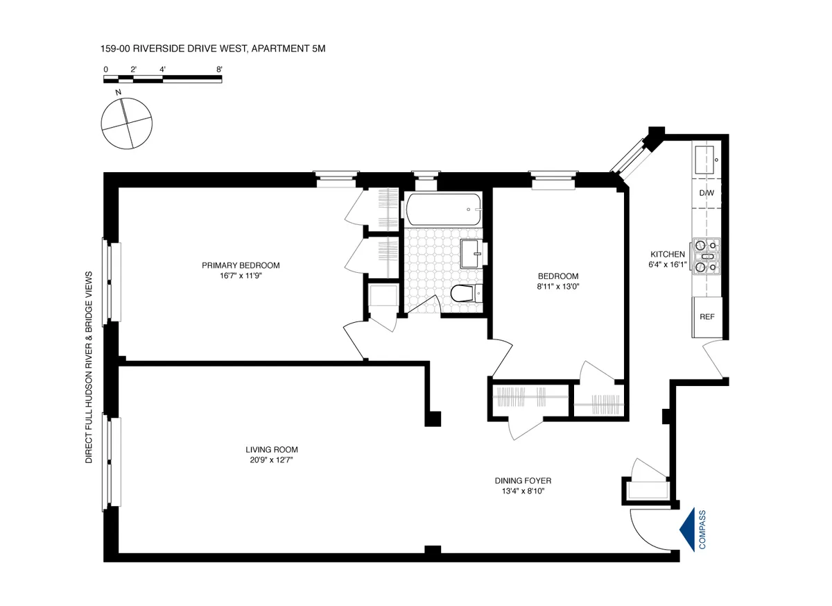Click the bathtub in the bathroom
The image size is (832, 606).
[444, 209]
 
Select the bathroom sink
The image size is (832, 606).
[472, 253]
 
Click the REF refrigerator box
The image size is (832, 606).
[707, 317]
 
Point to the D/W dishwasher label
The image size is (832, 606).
[707, 192]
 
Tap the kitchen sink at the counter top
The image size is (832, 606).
[707, 159]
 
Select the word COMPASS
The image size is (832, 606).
[702, 530]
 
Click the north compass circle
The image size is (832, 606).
[125, 124]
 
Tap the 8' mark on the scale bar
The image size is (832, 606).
[219, 69]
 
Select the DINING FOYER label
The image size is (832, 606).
[523, 480]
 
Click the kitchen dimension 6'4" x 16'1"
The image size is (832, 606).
[667, 264]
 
